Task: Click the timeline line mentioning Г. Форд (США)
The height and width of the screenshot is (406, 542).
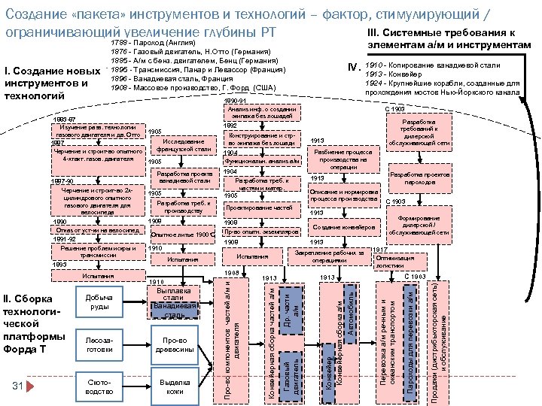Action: pos(193,88)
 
